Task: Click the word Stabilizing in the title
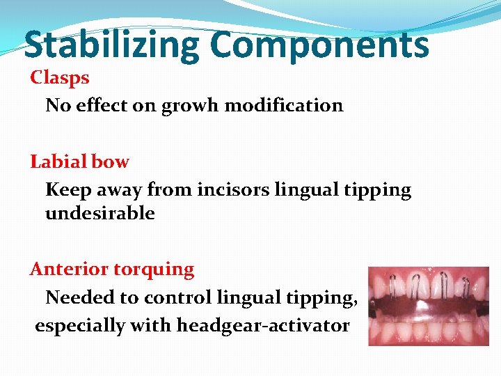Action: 111,45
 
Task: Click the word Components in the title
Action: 319,45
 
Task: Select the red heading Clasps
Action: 60,77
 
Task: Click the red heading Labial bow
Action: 79,162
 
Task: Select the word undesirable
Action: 100,213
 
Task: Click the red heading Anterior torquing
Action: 112,269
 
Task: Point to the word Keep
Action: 65,189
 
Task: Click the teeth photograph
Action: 428,306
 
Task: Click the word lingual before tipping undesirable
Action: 314,189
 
